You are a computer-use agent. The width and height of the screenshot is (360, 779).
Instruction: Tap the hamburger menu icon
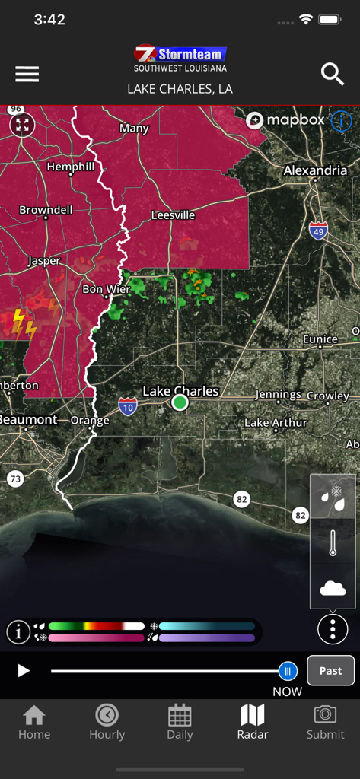(x=27, y=74)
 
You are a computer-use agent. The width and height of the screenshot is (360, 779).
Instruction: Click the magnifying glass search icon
(x=333, y=74)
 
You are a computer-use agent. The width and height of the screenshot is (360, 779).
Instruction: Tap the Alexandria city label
(x=315, y=170)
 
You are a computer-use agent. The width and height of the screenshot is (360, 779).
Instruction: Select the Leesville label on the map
(x=173, y=215)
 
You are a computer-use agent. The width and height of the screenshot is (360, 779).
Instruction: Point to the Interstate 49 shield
(x=319, y=231)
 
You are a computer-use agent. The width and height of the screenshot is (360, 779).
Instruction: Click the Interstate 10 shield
(x=128, y=408)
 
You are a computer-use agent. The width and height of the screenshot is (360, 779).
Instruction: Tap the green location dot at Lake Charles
(x=180, y=402)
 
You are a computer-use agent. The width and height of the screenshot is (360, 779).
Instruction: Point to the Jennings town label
(x=278, y=395)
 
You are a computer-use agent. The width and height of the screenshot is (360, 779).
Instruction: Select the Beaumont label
(x=28, y=420)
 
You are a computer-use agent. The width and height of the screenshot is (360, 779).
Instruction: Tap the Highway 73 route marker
(x=15, y=479)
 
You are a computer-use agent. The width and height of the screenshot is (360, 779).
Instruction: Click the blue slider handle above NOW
(x=288, y=671)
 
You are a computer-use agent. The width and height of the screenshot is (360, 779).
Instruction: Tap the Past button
(x=330, y=671)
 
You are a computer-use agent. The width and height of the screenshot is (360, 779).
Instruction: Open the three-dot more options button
(x=333, y=630)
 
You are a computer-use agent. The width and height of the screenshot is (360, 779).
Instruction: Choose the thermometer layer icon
(x=333, y=544)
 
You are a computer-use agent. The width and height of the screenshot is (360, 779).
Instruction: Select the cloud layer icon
(x=333, y=588)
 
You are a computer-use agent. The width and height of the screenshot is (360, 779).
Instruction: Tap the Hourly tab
(x=107, y=722)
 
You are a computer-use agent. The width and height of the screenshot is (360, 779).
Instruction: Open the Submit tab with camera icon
(x=325, y=722)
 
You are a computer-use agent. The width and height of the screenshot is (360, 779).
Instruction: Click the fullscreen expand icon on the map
(x=22, y=125)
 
